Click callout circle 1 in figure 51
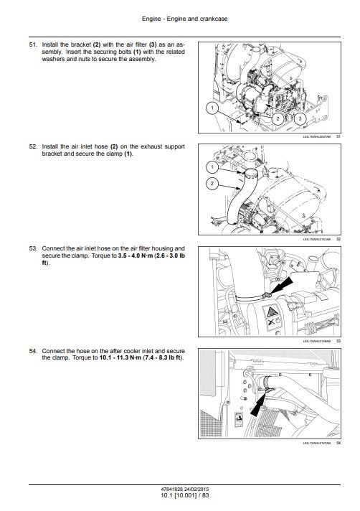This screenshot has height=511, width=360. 212,108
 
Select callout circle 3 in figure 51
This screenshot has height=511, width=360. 300,117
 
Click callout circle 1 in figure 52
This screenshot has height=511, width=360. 212,167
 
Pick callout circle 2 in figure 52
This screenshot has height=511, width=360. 212,184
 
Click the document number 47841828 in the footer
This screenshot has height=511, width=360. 158,489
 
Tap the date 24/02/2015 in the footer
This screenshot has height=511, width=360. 192,489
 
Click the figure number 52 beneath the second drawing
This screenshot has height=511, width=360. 338,238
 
